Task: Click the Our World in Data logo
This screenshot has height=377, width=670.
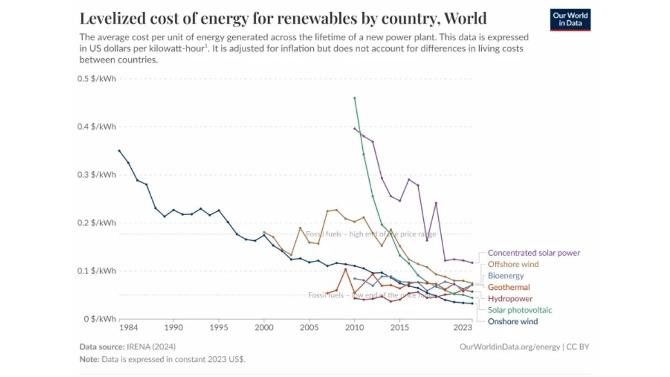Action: (570, 20)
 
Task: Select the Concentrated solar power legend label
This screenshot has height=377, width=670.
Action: (533, 253)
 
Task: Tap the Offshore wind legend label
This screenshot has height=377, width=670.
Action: (513, 264)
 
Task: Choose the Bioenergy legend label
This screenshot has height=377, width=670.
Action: (506, 276)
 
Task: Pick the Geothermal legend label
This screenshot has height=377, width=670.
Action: (509, 287)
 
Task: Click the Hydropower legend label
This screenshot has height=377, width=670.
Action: (510, 299)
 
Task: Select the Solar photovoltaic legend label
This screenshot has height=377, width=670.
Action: (520, 310)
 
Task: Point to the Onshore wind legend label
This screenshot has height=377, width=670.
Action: (513, 321)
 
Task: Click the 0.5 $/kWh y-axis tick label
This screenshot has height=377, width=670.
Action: (97, 79)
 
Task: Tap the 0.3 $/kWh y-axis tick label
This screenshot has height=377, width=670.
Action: (97, 175)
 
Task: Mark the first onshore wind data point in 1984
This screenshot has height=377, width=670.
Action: (119, 150)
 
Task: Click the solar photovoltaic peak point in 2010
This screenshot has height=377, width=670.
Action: (355, 98)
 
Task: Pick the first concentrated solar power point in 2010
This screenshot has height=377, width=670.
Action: (355, 128)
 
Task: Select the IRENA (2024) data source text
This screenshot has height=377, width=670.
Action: (152, 347)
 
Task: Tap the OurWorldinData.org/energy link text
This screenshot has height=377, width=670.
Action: (510, 347)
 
